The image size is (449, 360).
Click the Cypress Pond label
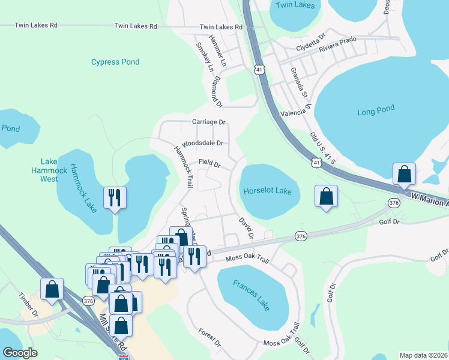click(x=115, y=62)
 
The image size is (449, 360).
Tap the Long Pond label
click(x=376, y=112)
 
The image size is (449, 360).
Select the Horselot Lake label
click(x=267, y=191)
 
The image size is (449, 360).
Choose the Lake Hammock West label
click(x=49, y=170)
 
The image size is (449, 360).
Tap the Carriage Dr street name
click(x=208, y=122)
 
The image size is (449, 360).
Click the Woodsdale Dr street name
click(x=203, y=143)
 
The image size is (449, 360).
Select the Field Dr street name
click(x=209, y=163)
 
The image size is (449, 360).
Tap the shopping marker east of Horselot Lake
click(x=326, y=196)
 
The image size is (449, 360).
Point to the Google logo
click(x=20, y=353)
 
